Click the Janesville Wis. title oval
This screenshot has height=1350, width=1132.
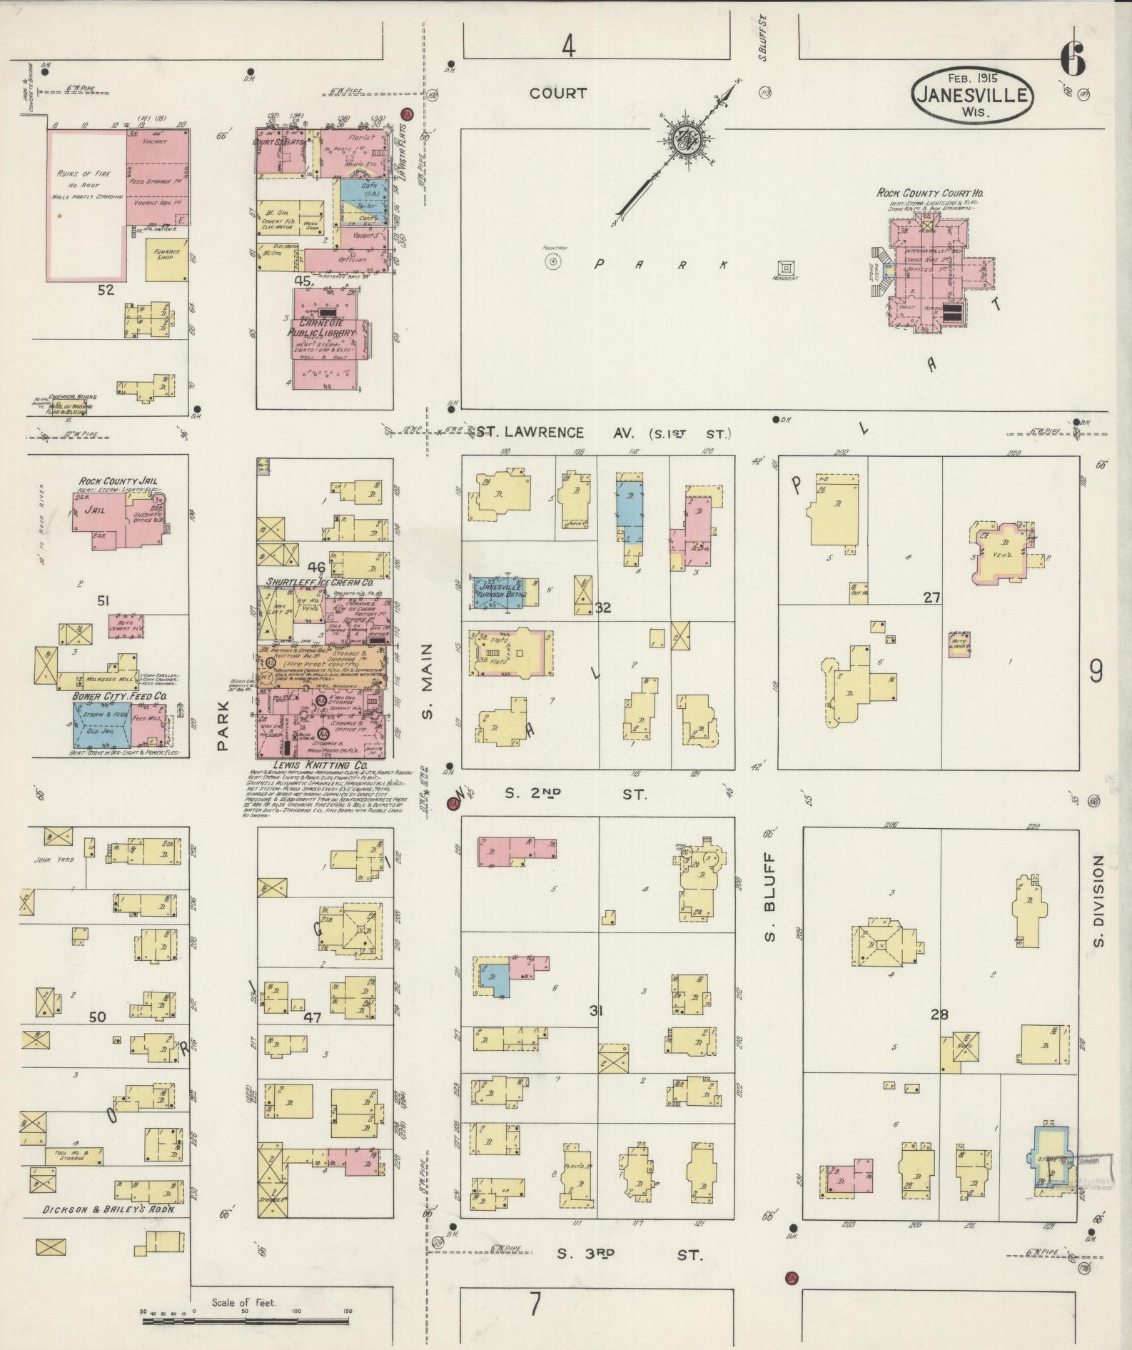(x=971, y=96)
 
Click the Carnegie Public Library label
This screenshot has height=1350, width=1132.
(x=321, y=328)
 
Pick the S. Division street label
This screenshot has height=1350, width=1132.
(x=1098, y=902)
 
